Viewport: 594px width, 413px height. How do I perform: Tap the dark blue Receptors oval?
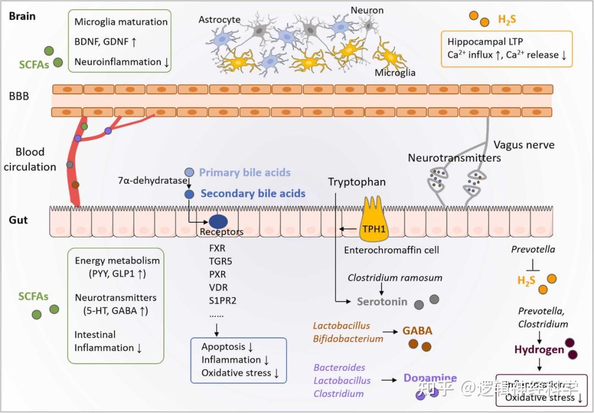[218, 220]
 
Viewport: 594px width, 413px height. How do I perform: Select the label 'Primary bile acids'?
[245, 173]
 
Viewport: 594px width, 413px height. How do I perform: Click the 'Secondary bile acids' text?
[252, 194]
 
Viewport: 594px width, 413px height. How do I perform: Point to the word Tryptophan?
[357, 182]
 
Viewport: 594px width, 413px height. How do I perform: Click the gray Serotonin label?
[382, 301]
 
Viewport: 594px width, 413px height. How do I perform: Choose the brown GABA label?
[417, 331]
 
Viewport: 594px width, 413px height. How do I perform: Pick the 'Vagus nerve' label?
[524, 145]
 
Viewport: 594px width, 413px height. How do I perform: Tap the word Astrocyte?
[219, 20]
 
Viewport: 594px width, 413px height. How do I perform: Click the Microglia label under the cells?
[395, 73]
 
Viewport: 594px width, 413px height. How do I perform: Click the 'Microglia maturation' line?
[121, 22]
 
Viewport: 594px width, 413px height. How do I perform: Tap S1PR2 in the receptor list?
[218, 300]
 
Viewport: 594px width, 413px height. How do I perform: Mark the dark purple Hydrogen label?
[539, 349]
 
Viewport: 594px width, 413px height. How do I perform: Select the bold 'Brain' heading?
[23, 15]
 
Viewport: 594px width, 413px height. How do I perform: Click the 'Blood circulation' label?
[30, 159]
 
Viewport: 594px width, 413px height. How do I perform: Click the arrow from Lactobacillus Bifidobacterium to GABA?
[391, 332]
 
